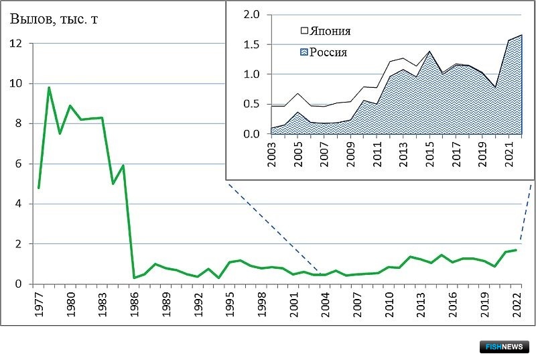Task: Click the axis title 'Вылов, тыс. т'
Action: [x=54, y=19]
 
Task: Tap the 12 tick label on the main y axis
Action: [x=15, y=44]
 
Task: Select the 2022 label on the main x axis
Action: [x=517, y=304]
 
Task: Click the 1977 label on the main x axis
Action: [x=39, y=304]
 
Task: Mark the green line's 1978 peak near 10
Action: [x=49, y=88]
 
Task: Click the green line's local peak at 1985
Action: [x=123, y=166]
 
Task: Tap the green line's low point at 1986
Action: [x=134, y=278]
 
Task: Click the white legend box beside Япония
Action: [x=304, y=31]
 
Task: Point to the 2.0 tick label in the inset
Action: [x=252, y=14]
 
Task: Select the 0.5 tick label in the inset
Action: [x=252, y=104]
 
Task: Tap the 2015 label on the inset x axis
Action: [x=429, y=154]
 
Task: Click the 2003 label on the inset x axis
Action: [x=271, y=154]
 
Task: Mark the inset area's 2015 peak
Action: [x=429, y=52]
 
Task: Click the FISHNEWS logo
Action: [x=505, y=347]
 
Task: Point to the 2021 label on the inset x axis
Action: [x=509, y=154]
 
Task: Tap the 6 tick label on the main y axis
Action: [x=18, y=164]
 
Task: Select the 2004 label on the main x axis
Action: [x=326, y=304]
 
